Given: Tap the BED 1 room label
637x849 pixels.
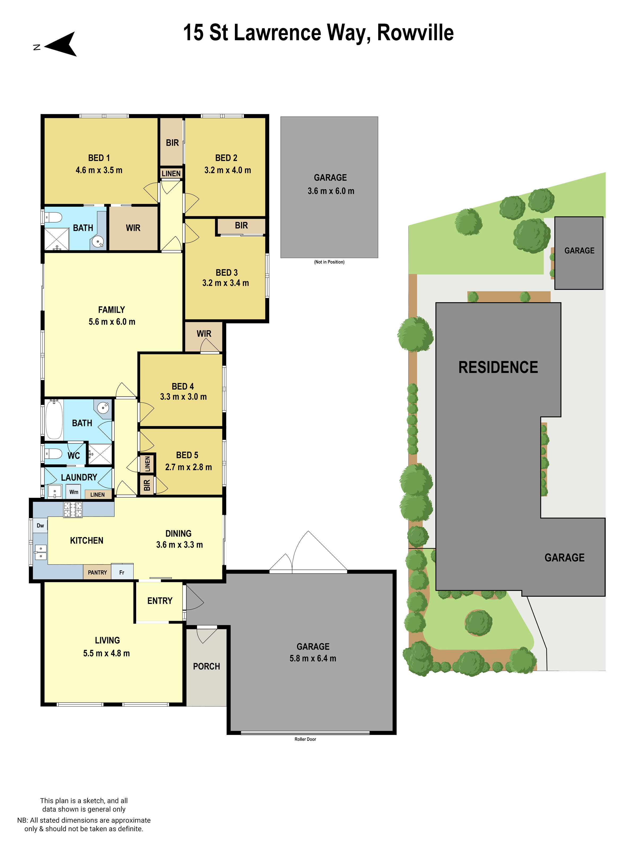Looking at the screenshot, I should [99, 158].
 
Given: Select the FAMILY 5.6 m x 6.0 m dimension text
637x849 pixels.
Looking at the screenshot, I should [112, 322].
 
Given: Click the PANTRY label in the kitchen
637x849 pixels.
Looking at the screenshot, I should [97, 572].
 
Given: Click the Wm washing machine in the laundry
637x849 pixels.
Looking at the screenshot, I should [74, 492].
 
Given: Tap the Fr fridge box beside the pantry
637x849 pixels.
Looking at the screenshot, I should [122, 572].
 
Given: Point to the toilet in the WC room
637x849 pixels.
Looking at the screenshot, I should [53, 454].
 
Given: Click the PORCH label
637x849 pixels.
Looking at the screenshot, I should [206, 666].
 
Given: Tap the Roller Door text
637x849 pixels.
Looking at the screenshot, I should [305, 739].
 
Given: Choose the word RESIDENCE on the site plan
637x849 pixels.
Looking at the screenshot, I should [498, 367].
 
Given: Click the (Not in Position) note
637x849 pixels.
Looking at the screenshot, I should [329, 262].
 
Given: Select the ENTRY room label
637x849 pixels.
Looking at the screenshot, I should [160, 601].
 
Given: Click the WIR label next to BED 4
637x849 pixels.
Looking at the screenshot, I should [204, 333].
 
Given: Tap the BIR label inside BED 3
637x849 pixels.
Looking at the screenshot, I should [241, 225].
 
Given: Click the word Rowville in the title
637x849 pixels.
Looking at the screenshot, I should [415, 33].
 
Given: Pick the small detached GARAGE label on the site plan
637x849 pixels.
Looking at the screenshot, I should [579, 251].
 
